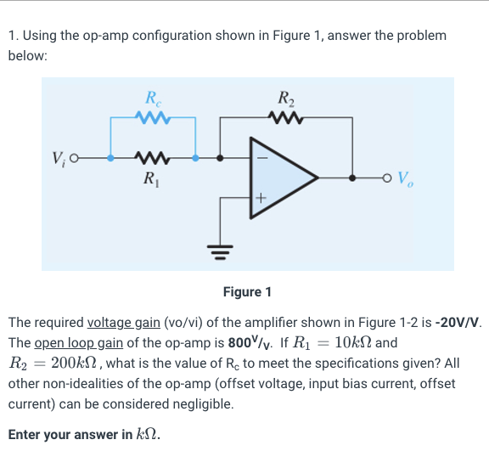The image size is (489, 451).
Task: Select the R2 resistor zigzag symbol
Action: pyautogui.click(x=283, y=117)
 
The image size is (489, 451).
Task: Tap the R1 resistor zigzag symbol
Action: pyautogui.click(x=155, y=157)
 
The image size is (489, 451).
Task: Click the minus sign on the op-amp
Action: pyautogui.click(x=262, y=157)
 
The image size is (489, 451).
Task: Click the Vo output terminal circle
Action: pyautogui.click(x=387, y=178)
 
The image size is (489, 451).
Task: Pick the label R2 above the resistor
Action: pyautogui.click(x=284, y=97)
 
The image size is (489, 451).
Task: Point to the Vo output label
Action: pyautogui.click(x=407, y=180)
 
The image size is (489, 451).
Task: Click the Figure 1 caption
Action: pyautogui.click(x=247, y=292)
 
